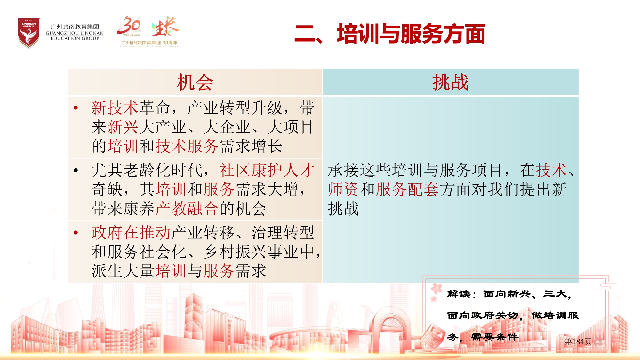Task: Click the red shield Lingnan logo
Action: point(28,33)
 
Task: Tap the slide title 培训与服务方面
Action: point(411,34)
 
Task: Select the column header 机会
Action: point(195,82)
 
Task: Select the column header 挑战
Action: point(450,82)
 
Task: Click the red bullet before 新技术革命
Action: point(76,108)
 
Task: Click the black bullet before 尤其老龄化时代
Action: point(76,170)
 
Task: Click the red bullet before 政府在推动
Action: point(76,233)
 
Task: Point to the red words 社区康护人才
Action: point(267,170)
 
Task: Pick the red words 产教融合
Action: point(187,209)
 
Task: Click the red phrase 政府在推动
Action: point(131,233)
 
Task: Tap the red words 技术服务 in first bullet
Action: point(187,146)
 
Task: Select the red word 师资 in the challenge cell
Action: point(343,189)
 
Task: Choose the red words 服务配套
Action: point(407,189)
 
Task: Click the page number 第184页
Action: point(578,341)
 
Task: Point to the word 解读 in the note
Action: point(459,294)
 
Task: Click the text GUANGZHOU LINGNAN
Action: point(75,33)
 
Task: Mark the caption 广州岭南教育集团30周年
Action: point(149,43)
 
